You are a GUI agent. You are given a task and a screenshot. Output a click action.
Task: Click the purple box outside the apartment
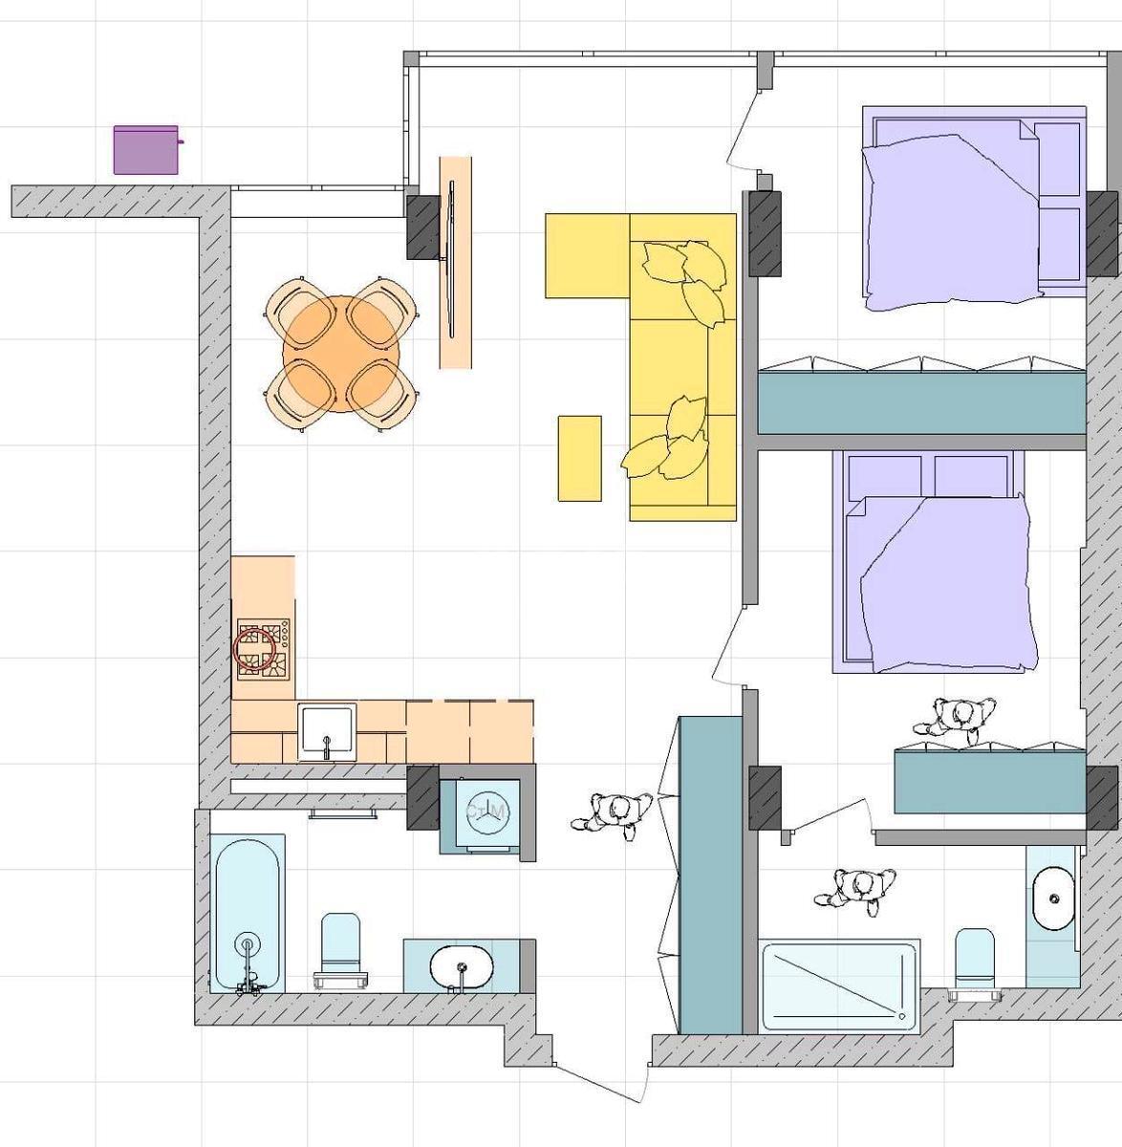coord(146,150)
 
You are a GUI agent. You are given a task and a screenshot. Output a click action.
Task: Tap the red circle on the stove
coord(254,650)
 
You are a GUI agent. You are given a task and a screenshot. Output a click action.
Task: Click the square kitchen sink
coord(327,731)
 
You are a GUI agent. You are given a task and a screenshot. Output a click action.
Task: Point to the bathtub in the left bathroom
coord(248,913)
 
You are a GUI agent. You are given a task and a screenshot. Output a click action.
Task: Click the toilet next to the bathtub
coord(340,950)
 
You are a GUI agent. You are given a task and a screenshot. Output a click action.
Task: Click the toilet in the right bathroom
coord(974,961)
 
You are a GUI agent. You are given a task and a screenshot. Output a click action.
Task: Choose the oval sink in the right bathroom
coord(1052,899)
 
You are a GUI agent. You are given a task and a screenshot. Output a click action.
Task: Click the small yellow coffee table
coord(579,458)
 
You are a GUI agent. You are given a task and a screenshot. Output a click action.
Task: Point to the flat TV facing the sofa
coord(450,261)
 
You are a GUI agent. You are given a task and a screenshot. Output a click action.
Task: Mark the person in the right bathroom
coord(857,890)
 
